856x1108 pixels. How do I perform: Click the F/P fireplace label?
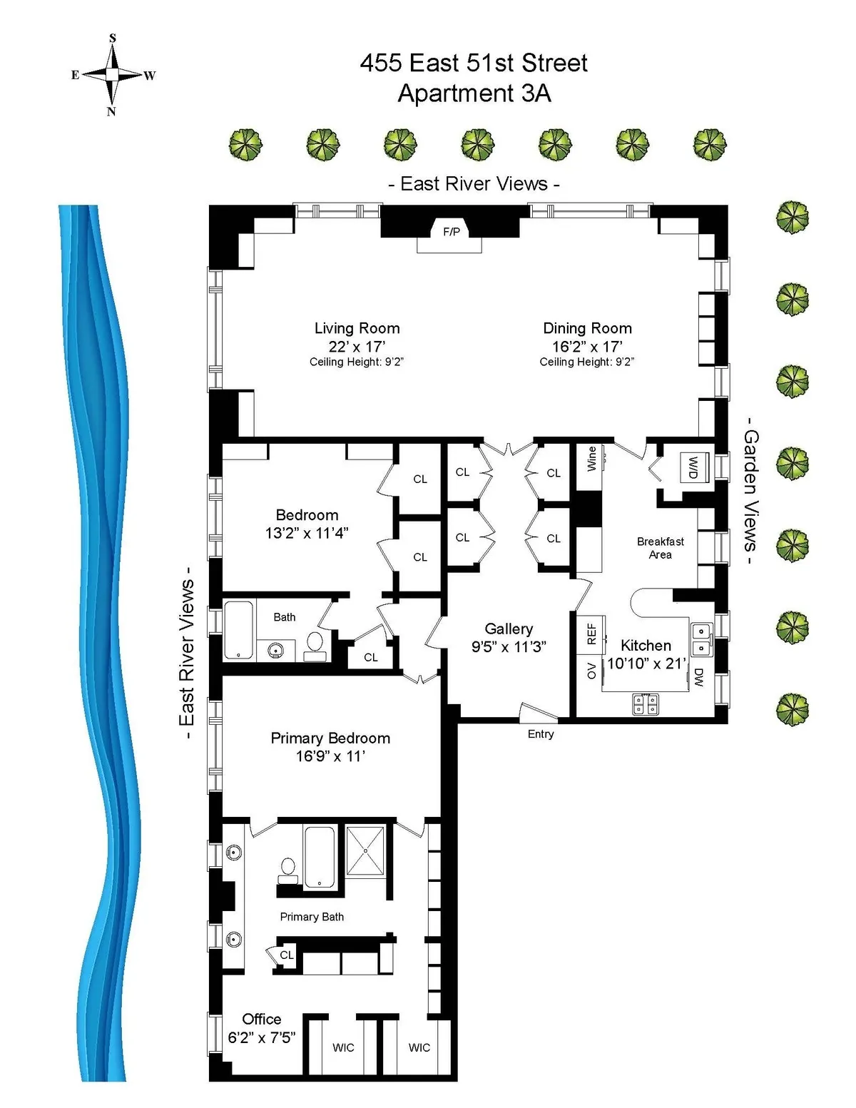[451, 231]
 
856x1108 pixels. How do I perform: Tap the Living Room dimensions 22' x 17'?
[357, 346]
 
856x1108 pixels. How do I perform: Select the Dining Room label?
[587, 328]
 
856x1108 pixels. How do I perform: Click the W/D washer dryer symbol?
[693, 467]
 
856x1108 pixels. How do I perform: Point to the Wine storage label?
[591, 459]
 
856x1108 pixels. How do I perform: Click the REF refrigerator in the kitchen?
[591, 634]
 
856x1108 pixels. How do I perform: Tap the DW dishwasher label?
[698, 677]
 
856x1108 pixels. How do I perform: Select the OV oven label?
[591, 671]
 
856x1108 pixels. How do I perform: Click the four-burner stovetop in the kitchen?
[646, 704]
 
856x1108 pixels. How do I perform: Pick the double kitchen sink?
[701, 639]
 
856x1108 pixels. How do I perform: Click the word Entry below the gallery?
[540, 734]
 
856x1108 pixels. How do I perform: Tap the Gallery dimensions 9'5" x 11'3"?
[509, 646]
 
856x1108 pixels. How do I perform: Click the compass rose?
[112, 74]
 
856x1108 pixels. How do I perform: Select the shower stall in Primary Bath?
[365, 850]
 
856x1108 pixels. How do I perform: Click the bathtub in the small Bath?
[238, 630]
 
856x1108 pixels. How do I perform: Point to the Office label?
[261, 1019]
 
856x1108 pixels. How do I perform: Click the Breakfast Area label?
[660, 548]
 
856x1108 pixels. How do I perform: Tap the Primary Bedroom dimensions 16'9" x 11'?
[330, 756]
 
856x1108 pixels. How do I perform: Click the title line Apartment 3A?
[474, 93]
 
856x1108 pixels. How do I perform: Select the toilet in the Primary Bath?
[288, 868]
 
